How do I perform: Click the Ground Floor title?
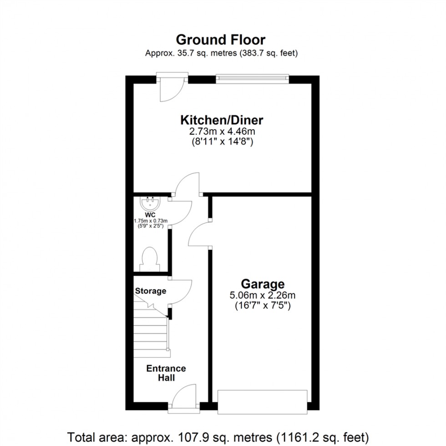click(221, 40)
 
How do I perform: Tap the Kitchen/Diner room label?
click(222, 121)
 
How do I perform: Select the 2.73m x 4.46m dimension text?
click(222, 132)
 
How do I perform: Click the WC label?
click(150, 214)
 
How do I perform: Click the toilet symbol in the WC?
click(150, 257)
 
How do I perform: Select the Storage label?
click(151, 291)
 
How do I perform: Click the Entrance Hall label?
click(166, 373)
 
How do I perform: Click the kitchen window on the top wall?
click(253, 79)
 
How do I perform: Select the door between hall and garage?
click(199, 233)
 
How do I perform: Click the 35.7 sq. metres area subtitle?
click(221, 53)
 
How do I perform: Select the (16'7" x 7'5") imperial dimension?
click(263, 305)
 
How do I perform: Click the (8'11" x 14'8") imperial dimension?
click(222, 142)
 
